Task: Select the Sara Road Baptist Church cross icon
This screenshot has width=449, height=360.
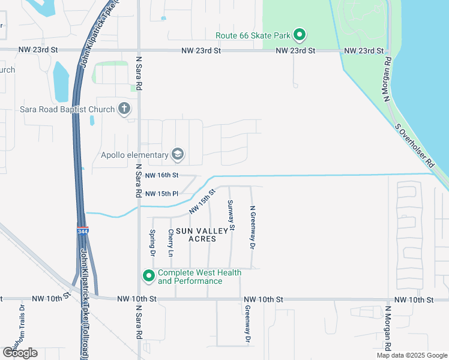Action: pos(124,109)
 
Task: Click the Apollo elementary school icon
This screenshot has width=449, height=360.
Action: pos(178,155)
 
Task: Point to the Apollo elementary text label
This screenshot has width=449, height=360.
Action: pos(134,155)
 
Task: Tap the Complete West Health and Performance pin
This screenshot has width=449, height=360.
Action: pos(148,276)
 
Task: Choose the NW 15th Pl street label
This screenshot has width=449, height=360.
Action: pos(162,194)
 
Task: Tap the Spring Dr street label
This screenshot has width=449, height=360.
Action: pos(152,242)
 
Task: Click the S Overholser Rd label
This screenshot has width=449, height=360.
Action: pos(414,146)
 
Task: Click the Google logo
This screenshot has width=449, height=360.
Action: pos(20,352)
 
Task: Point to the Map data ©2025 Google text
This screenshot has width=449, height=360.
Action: pos(411,355)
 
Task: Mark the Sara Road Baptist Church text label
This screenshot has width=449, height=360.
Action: pos(67,109)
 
